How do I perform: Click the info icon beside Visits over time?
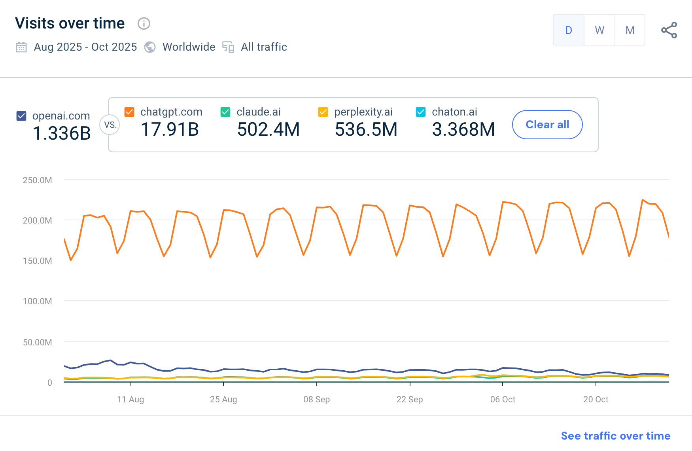pos(144,24)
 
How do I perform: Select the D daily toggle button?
pos(569,30)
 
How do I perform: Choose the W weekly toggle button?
pos(599,30)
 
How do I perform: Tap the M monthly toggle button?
pos(630,30)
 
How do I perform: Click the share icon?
pos(669,30)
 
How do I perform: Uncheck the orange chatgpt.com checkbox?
pos(129,112)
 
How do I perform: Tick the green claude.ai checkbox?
pos(225,112)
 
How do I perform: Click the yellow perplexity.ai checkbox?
pos(323,112)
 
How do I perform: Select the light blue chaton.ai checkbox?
pos(421,112)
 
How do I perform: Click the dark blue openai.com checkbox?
pos(21,116)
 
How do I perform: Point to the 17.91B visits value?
pos(170,129)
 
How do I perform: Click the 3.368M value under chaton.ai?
pos(463,129)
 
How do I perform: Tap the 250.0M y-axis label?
pos(37,180)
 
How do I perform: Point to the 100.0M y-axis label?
pos(37,301)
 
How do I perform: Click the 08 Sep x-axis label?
pos(316,400)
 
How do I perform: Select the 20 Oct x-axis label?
pos(596,400)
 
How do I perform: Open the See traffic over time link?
pos(615,436)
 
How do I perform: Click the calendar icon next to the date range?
pos(21,47)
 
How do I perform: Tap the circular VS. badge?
pos(110,125)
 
